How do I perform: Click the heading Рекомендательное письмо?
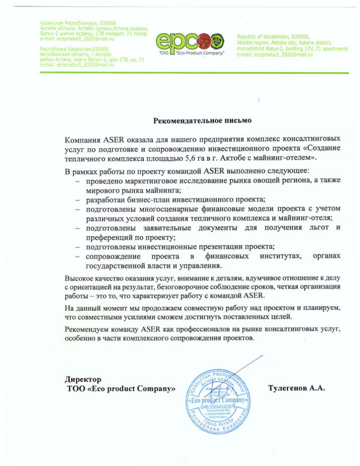202,120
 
